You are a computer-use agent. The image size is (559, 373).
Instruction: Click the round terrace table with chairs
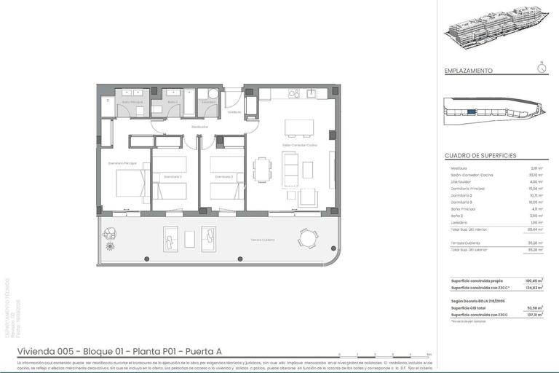pos(307,237)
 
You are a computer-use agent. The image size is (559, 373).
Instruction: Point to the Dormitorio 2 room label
pos(223,176)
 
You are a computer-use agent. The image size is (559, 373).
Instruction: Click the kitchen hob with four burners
pos(294,93)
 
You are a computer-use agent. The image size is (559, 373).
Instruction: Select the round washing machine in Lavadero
pos(213,94)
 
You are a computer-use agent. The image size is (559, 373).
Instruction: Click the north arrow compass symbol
pos(541,68)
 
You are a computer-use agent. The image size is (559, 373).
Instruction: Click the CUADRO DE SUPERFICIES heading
pos(480,156)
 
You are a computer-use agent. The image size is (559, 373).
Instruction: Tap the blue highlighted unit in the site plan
pos(472,111)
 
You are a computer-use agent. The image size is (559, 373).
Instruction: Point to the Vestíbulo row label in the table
pos(459,168)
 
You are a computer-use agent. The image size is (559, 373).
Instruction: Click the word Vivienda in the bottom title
pos(34,352)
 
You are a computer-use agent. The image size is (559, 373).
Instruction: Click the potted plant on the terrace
pos(110,235)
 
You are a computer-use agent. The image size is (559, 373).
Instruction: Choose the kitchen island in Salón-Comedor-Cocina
pos(294,127)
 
